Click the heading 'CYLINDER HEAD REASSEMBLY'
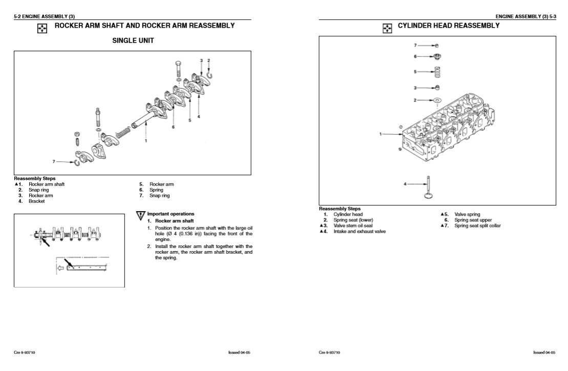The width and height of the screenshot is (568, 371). coord(448,26)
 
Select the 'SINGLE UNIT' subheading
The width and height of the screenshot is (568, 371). coord(133,41)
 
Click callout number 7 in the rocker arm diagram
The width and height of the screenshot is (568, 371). coord(53,161)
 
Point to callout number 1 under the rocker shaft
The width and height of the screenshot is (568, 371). coord(146,141)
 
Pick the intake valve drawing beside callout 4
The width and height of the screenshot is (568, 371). coord(426,187)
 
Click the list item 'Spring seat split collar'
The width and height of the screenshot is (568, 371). coord(477,225)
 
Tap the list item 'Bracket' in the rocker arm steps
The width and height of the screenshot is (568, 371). coord(36,201)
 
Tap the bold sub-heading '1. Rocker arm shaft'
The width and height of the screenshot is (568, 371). coord(167,221)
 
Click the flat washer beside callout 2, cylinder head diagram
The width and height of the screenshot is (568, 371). coord(437,100)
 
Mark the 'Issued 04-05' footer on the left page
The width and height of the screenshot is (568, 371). coord(240,353)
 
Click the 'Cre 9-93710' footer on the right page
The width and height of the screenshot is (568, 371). coord(329,353)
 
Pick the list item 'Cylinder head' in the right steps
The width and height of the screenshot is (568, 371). coord(348,214)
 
